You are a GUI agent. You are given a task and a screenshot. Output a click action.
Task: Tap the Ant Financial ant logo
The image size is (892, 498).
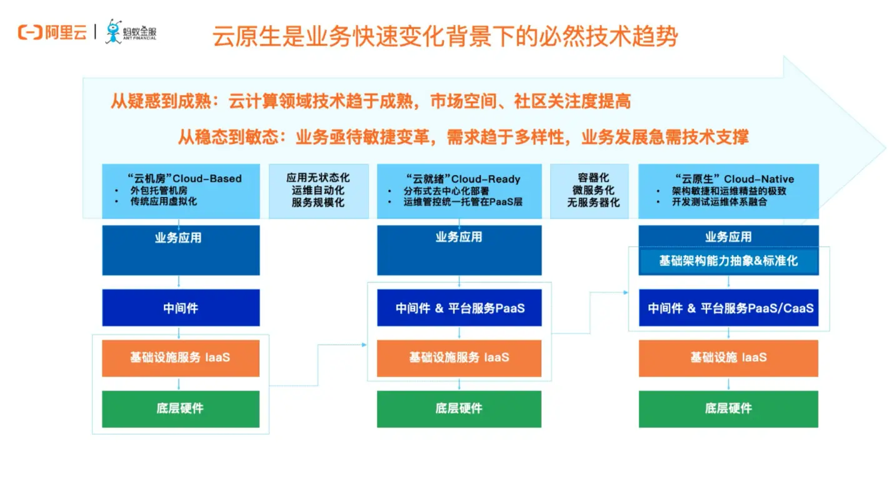coord(114,31)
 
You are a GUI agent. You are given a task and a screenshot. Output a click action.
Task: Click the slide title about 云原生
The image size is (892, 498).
coord(444,36)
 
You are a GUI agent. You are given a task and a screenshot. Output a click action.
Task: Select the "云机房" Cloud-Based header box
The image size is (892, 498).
coord(181,191)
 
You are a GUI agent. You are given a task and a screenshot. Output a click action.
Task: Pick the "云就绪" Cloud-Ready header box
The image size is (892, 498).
coord(459,191)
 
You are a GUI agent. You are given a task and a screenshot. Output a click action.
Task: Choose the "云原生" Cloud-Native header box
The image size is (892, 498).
coord(728,191)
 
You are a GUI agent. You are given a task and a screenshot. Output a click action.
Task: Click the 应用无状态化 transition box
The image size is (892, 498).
coord(318,191)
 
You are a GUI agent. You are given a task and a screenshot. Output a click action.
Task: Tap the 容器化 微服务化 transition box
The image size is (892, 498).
coord(589,191)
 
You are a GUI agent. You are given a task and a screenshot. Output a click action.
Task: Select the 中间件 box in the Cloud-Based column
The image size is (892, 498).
coord(181,307)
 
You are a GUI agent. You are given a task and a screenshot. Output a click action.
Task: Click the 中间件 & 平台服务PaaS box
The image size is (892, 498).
coord(459,307)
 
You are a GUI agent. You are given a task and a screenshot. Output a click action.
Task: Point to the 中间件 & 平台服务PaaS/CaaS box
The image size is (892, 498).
coord(728,307)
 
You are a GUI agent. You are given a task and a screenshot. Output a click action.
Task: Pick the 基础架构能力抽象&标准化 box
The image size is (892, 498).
coord(728,261)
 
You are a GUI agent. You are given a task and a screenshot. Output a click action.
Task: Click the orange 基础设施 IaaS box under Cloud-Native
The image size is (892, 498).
coord(728,358)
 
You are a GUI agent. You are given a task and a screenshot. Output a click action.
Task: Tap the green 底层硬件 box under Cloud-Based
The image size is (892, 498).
coord(181,409)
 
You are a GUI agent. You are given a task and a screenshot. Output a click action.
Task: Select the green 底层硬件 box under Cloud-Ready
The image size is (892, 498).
coord(459,409)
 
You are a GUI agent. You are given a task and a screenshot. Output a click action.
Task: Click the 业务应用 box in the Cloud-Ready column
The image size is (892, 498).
coord(459,249)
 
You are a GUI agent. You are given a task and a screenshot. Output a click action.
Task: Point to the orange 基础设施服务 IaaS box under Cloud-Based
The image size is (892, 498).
coord(181,358)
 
